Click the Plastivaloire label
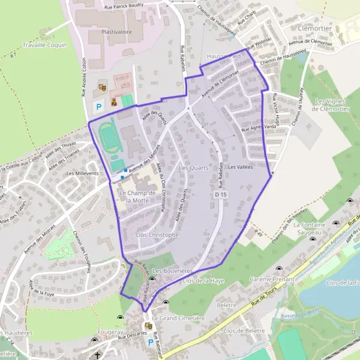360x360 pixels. point(117,31)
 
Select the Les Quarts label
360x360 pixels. point(193,168)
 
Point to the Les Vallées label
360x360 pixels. point(240,168)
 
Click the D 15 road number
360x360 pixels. point(221,195)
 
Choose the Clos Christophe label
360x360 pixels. point(157,235)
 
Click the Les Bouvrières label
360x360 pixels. point(172,271)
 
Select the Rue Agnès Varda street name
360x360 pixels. point(258,128)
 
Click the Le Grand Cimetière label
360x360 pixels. point(178,317)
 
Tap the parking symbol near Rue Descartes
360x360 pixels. point(150,343)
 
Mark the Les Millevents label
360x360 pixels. point(82,173)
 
